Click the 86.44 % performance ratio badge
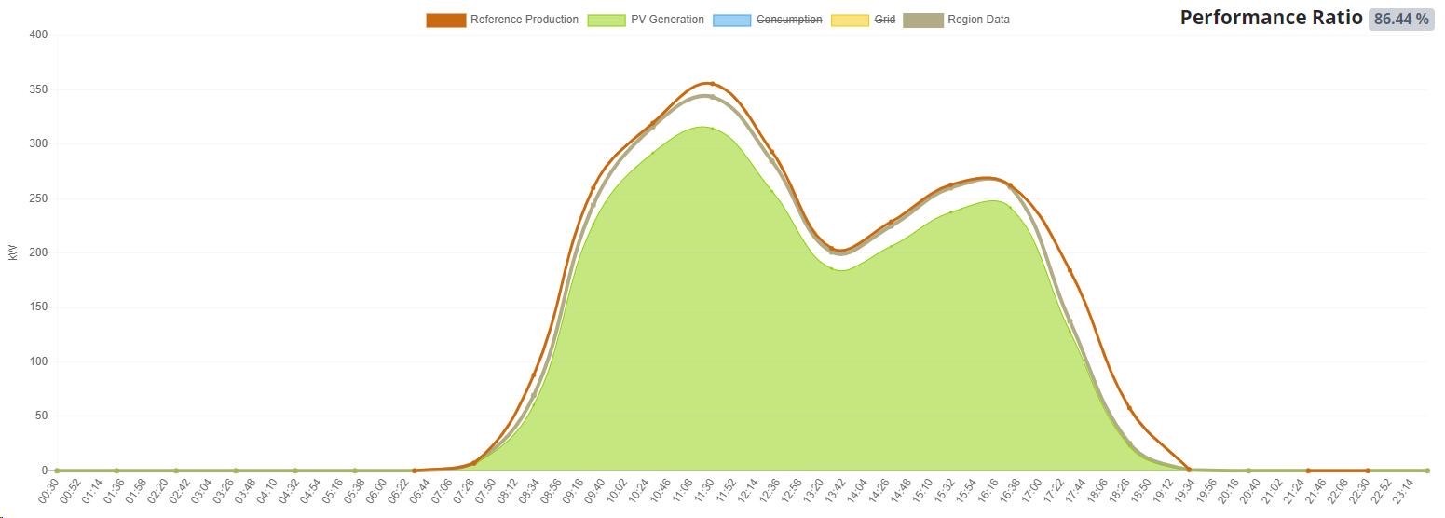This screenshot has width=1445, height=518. pos(1400,19)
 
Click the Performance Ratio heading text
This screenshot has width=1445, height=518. pos(1271,18)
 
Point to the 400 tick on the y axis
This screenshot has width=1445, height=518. pos(38,35)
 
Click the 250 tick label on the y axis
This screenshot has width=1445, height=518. pos(38,198)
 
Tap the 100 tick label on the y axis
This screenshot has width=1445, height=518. pos(38,361)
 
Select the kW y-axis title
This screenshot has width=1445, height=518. pos(13,252)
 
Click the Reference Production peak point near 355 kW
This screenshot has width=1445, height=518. pos(712,84)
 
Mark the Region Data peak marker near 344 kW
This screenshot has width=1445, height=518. pos(712,97)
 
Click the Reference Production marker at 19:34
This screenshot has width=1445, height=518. pos(1189,470)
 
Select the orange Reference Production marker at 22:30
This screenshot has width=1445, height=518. pos(1368,470)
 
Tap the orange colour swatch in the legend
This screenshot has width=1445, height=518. pos(445,20)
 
